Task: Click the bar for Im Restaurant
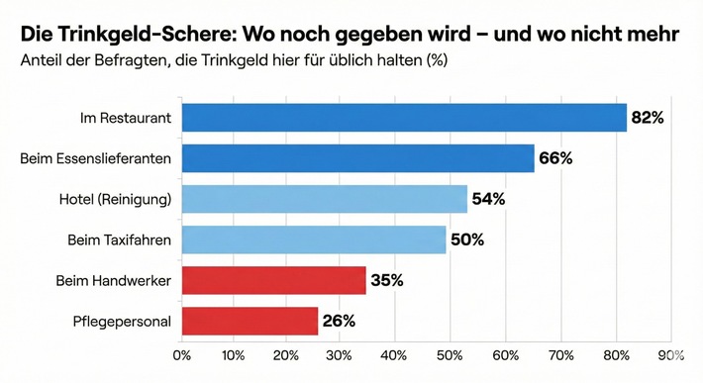pos(404,118)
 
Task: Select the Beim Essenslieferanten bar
pos(358,158)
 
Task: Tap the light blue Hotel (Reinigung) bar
pos(325,199)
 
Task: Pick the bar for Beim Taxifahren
pos(314,239)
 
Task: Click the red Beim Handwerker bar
pos(273,280)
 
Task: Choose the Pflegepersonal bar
pos(251,321)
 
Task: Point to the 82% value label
pos(647,118)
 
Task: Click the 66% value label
pos(555,158)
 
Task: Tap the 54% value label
pos(489,199)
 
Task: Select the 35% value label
pos(386,280)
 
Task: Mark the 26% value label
pos(338,321)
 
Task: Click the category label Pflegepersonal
pos(122,321)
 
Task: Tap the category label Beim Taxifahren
pos(119,239)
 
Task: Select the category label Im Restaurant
pos(126,118)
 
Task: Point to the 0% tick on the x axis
pos(182,354)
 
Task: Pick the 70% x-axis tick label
pos(561,354)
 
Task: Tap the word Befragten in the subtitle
pos(135,61)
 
